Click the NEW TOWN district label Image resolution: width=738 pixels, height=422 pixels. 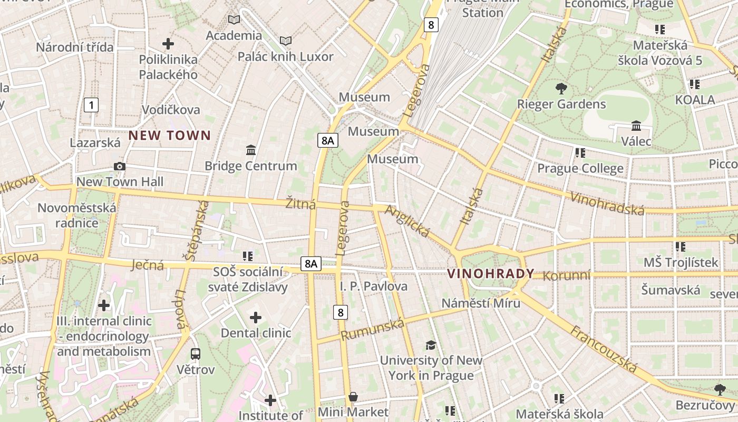coord(169,136)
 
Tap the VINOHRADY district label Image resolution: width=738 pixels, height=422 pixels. coord(491,274)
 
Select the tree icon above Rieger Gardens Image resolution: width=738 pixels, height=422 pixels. coord(561,89)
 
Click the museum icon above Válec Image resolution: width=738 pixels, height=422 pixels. coord(636,126)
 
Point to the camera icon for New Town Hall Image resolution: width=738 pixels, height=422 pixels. coord(120,167)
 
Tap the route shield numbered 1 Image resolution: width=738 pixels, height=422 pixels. coord(91,105)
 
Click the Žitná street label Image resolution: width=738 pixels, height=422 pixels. coord(300,204)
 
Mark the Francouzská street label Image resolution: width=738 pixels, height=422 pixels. coord(604,348)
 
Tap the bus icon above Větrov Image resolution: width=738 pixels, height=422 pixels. coord(196,353)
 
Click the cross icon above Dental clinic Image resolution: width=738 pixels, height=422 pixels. coord(256,318)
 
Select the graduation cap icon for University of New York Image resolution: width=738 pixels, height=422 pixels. coord(431,345)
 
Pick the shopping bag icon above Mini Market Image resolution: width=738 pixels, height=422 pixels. coord(353,396)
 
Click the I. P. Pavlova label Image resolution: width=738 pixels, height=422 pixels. coord(374,286)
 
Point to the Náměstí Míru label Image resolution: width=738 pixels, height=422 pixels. coord(481,303)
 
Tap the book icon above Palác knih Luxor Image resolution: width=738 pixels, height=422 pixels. coord(286,41)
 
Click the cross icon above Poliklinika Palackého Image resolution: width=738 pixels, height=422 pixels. coord(168,43)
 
